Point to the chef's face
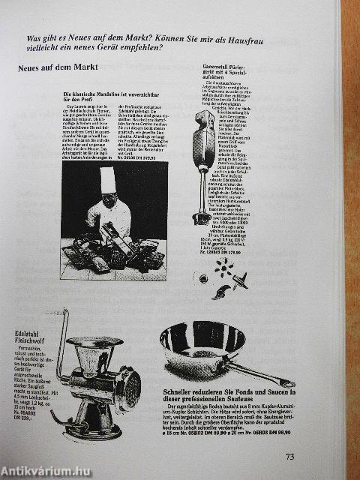109,201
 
